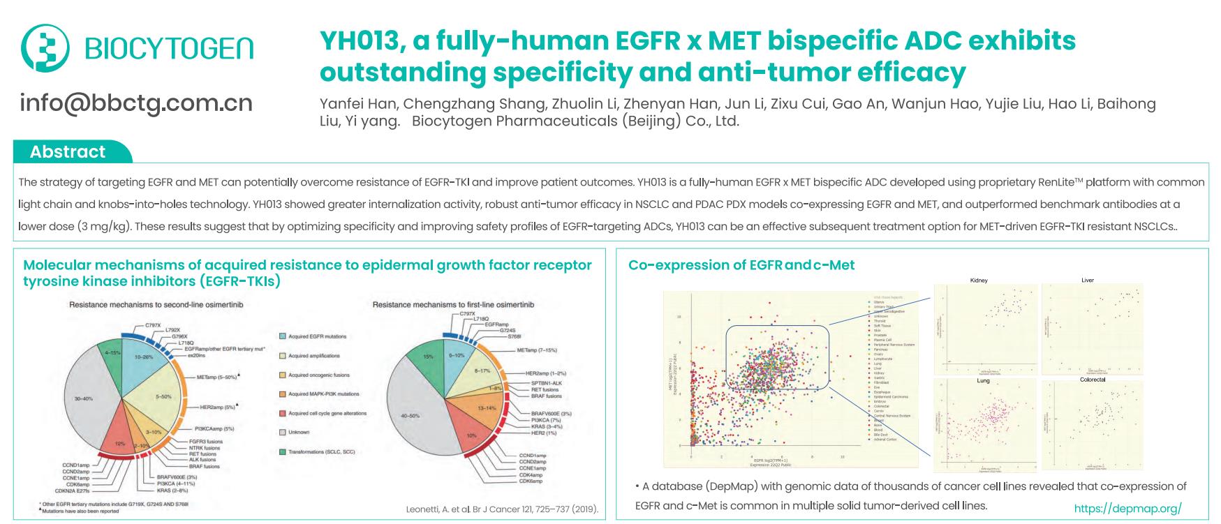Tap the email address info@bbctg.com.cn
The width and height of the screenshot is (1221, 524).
[x=136, y=103]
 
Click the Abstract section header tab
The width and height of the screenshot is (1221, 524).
[x=68, y=152]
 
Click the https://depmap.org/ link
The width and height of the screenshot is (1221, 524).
[x=1127, y=509]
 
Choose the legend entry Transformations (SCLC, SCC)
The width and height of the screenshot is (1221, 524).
[x=321, y=451]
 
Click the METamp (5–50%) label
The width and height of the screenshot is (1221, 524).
[x=217, y=377]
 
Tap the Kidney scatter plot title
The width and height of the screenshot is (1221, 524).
[x=979, y=280]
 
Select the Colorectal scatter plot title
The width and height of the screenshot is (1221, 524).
[x=1092, y=380]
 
